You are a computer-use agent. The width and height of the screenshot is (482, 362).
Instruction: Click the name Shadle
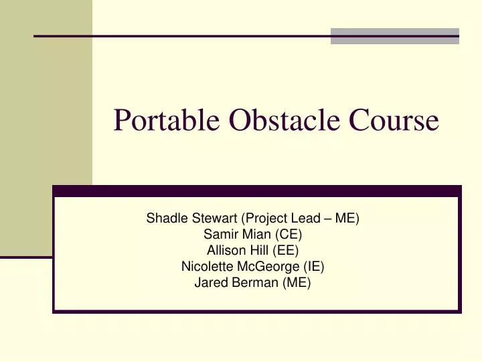click(x=165, y=218)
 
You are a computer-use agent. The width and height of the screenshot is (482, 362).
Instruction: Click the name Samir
click(x=220, y=234)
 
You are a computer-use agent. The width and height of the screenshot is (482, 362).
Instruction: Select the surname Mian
click(x=254, y=234)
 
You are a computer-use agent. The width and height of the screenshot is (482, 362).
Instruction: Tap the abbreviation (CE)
click(x=285, y=234)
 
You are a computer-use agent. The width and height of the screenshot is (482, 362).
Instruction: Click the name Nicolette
click(x=205, y=266)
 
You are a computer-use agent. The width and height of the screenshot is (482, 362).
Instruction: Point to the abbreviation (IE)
click(x=313, y=266)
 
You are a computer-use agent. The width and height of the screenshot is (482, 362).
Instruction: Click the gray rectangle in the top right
click(x=395, y=36)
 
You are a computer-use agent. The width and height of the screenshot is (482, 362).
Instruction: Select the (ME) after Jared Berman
click(x=296, y=282)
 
